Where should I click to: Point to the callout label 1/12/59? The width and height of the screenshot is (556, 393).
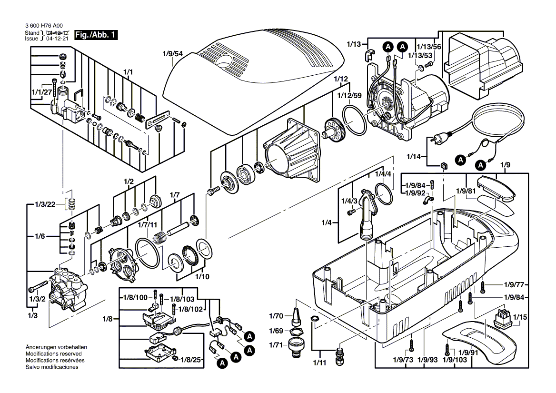pos(350,95)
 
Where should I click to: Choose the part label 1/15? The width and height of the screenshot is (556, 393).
pos(520,317)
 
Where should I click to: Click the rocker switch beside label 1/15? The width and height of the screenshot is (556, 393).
pos(503,317)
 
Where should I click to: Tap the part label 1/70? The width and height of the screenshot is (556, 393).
pos(276,315)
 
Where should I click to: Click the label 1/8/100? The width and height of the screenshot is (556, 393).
pos(136,297)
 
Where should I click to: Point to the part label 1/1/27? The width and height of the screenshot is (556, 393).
pos(41,92)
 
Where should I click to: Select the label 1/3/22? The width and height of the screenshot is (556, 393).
pos(45,204)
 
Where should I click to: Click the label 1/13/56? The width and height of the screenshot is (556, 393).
pos(429,47)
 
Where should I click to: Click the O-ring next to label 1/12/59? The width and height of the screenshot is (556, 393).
pos(355,121)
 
